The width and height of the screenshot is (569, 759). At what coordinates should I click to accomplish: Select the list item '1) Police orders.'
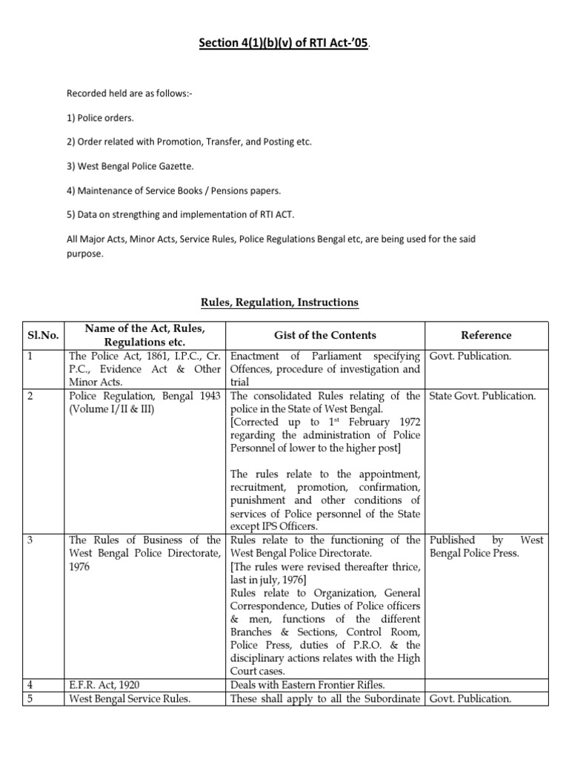101,119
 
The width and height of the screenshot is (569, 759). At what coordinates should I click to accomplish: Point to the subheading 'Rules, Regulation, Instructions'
280,302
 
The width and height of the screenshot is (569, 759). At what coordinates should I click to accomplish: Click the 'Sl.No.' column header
44,336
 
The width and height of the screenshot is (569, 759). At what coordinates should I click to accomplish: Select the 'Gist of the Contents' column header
326,336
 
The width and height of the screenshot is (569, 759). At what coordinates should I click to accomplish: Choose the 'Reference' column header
486,336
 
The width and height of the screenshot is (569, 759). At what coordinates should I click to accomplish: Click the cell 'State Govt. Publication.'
482,396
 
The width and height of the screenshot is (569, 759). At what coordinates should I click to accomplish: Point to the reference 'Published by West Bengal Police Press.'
486,547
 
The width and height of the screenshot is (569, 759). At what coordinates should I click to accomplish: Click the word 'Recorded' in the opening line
87,95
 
